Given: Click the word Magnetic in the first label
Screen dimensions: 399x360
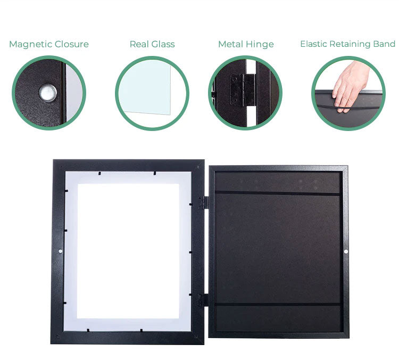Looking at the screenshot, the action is [30, 44].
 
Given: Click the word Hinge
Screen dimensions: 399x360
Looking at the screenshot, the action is [260, 45].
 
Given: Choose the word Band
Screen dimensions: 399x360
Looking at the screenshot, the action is [384, 44].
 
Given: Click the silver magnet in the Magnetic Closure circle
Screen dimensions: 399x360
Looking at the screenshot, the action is [47, 93].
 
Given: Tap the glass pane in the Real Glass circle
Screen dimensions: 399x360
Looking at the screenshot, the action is [145, 87].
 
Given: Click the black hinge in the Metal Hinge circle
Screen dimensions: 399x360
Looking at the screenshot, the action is [243, 90].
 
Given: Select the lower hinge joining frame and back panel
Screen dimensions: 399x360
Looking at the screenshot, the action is [203, 300].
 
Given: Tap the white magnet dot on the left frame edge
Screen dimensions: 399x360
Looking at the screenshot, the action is [60, 251].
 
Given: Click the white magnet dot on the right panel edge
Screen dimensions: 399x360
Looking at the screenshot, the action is [346, 251].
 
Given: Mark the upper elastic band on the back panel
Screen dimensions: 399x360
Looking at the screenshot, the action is [277, 193].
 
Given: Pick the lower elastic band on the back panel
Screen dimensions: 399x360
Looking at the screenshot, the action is [278, 304].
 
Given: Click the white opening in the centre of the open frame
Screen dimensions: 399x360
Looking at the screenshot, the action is [128, 251].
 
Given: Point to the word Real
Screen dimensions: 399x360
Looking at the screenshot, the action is [139, 44].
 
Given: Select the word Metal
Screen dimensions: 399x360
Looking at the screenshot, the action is [230, 44].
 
